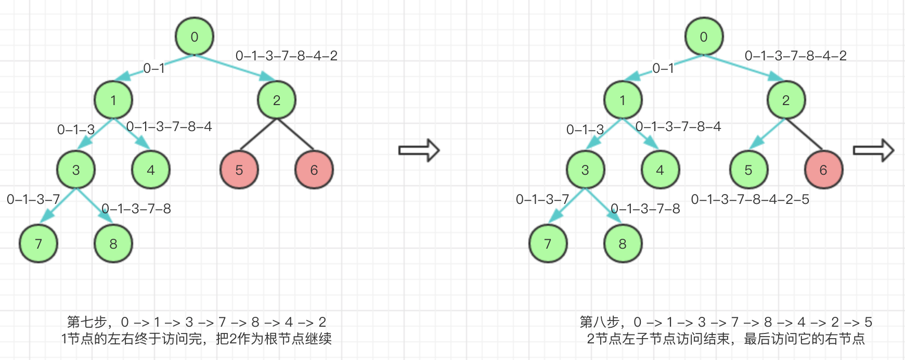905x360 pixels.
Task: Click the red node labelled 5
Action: coord(239,170)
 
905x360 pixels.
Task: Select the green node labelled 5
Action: coord(748,170)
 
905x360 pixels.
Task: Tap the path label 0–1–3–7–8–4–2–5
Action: coord(750,199)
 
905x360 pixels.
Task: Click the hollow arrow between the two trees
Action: coord(419,150)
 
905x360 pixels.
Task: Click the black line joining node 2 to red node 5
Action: coord(258,135)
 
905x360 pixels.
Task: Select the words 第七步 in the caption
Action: coord(87,322)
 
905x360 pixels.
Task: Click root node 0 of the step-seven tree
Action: coord(195,36)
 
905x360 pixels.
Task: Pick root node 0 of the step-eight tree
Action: coord(704,36)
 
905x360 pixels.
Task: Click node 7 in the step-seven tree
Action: coord(38,243)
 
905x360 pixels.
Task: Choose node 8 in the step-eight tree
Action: coord(623,243)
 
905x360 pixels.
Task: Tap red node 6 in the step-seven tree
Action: coord(314,170)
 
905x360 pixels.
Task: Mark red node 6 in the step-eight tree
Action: coord(823,170)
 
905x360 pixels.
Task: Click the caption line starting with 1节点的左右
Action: coord(196,339)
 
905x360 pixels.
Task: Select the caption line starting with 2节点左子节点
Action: coord(726,339)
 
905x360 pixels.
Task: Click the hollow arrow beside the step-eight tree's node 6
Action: coord(873,150)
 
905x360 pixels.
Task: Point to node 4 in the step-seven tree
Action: coord(151,170)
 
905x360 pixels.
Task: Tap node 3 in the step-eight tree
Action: coord(585,170)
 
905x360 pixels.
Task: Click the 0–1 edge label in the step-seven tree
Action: coord(154,68)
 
